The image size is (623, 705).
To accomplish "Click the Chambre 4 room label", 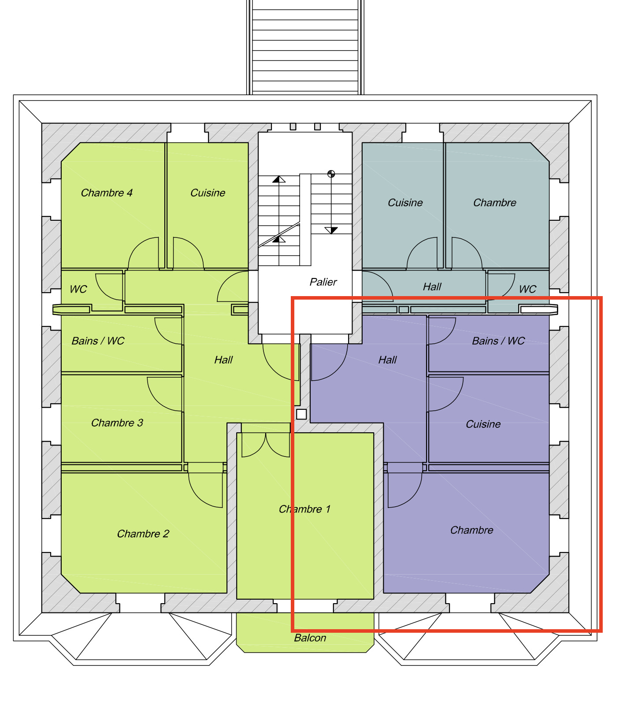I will coord(107,193).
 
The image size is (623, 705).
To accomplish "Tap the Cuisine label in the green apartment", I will coord(208,193).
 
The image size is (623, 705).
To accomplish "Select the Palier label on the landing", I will coord(323,282).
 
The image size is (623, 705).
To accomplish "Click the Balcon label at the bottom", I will coord(310,638).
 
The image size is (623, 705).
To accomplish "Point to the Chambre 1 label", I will coord(304,509).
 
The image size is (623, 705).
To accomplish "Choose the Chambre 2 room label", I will coord(143,534).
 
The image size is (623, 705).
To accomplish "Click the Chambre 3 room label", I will coord(117,423).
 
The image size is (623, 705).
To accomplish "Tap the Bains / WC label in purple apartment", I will coord(498,341).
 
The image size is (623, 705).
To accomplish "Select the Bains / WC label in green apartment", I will coord(98,341).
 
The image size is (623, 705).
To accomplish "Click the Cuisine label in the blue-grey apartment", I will coord(405,203).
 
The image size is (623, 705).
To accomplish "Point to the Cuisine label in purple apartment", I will coord(483,424).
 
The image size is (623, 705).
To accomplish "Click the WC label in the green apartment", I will coord(78,289).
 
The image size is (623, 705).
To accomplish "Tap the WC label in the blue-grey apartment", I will coord(527,289).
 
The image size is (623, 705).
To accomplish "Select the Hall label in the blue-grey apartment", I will coord(432,287).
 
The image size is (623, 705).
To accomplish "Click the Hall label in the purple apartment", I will coord(387,360).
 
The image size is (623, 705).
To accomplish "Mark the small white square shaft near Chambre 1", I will coord(301,414).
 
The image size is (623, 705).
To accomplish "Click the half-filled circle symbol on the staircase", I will coord(331,174).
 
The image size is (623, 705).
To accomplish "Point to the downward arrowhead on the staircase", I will coord(331,230).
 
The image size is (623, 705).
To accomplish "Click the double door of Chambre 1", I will coord(266,445).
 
